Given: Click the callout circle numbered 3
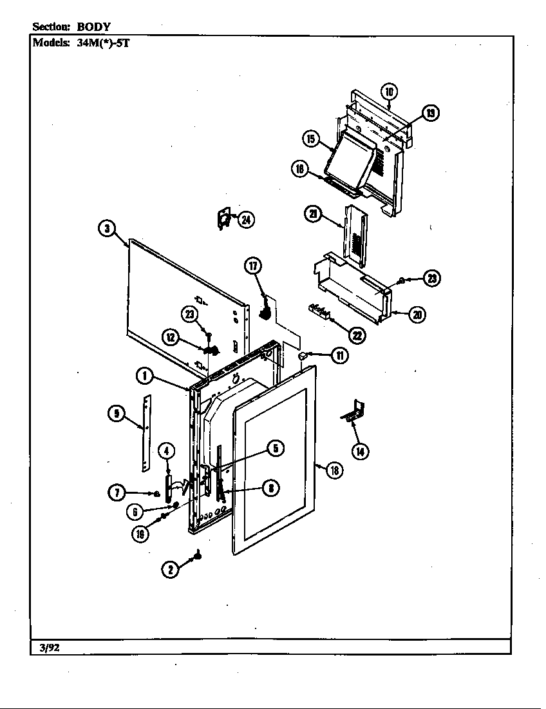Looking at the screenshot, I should click(108, 228).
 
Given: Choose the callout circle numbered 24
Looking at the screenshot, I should click(245, 220).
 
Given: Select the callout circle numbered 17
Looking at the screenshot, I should click(253, 266).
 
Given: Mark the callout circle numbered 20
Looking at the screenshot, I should click(417, 315).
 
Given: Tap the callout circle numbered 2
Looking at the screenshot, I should click(170, 570).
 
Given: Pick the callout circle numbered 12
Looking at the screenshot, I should click(170, 336).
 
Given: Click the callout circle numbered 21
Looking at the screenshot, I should click(314, 215).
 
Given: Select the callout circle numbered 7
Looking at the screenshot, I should click(117, 494).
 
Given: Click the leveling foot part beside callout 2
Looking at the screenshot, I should click(198, 554).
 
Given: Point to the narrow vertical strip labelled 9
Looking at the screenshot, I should click(147, 433).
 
